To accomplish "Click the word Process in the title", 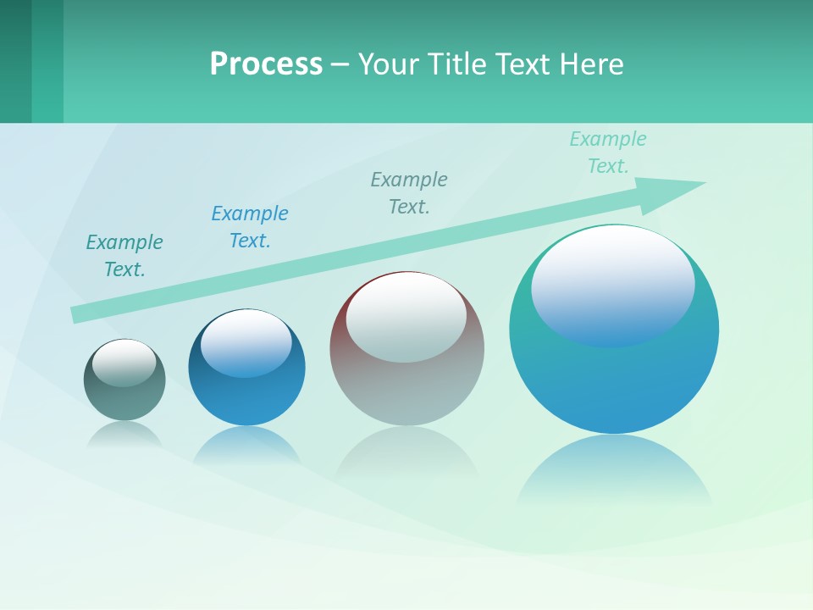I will click(266, 64).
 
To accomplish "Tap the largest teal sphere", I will click(614, 381).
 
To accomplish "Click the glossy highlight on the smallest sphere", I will click(124, 363).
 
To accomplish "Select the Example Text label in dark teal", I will click(124, 256).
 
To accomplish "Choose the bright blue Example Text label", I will click(250, 227).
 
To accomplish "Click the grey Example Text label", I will click(409, 193).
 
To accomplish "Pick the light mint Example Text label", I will click(608, 152).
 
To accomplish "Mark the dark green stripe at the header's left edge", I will click(15, 61).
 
